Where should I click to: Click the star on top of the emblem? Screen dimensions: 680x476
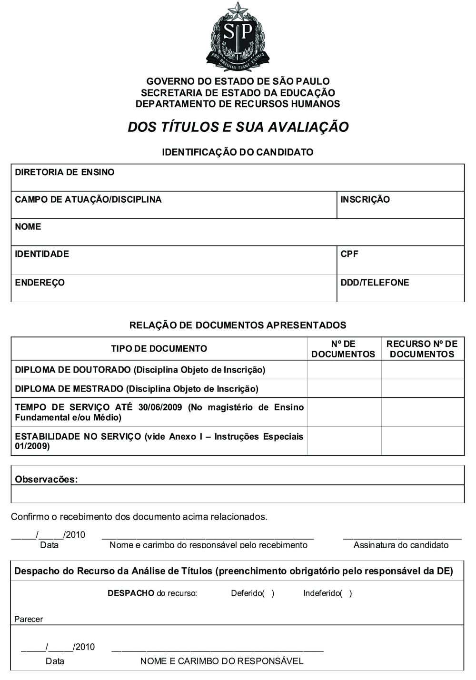point(238,9)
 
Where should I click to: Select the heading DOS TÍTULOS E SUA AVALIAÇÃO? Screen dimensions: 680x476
point(238,127)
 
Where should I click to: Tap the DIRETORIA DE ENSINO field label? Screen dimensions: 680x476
point(65,172)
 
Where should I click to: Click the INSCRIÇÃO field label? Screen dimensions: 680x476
point(365,199)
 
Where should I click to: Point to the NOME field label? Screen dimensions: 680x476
point(28,227)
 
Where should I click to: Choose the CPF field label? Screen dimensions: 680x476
point(349,254)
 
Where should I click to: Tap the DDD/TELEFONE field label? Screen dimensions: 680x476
point(375,282)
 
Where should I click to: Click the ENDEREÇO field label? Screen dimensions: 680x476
point(40,282)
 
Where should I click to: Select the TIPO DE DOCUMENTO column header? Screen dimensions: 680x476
point(159,349)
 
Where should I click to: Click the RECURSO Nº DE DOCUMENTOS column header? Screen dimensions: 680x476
point(422,349)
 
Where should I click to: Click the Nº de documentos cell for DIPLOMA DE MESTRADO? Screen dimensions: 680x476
point(344,388)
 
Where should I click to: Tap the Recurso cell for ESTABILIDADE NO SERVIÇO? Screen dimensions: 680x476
point(423,441)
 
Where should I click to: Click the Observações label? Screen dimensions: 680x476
point(46,479)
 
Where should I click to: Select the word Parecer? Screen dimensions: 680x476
point(29,619)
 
